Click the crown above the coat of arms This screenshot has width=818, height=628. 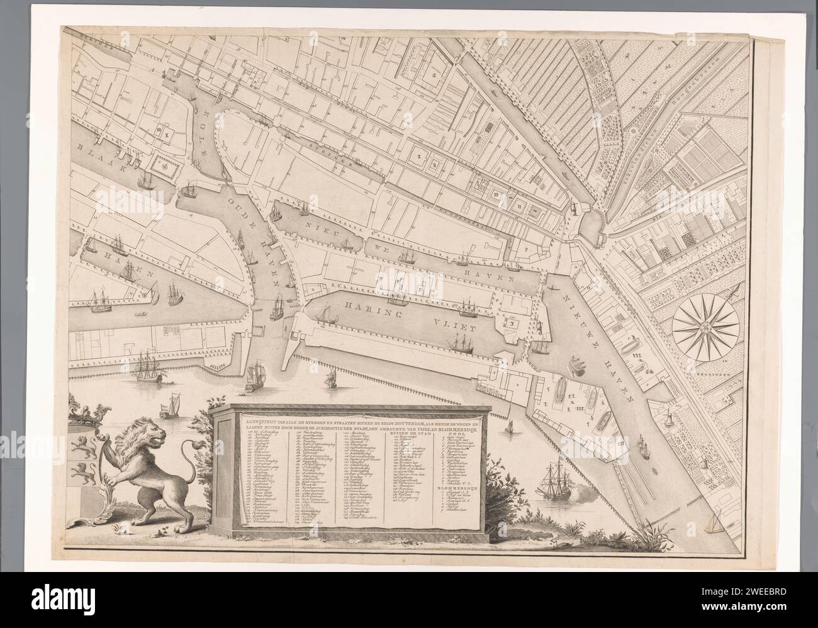point(87,413)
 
